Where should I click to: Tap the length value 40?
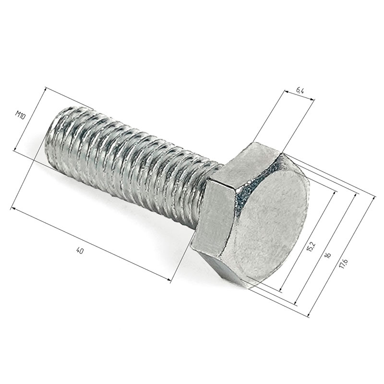(80, 250)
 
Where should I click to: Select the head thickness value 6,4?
(300, 91)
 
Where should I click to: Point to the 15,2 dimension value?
(311, 247)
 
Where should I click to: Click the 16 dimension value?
(328, 255)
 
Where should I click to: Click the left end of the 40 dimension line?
(12, 208)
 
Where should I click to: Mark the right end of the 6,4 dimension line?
(314, 100)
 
